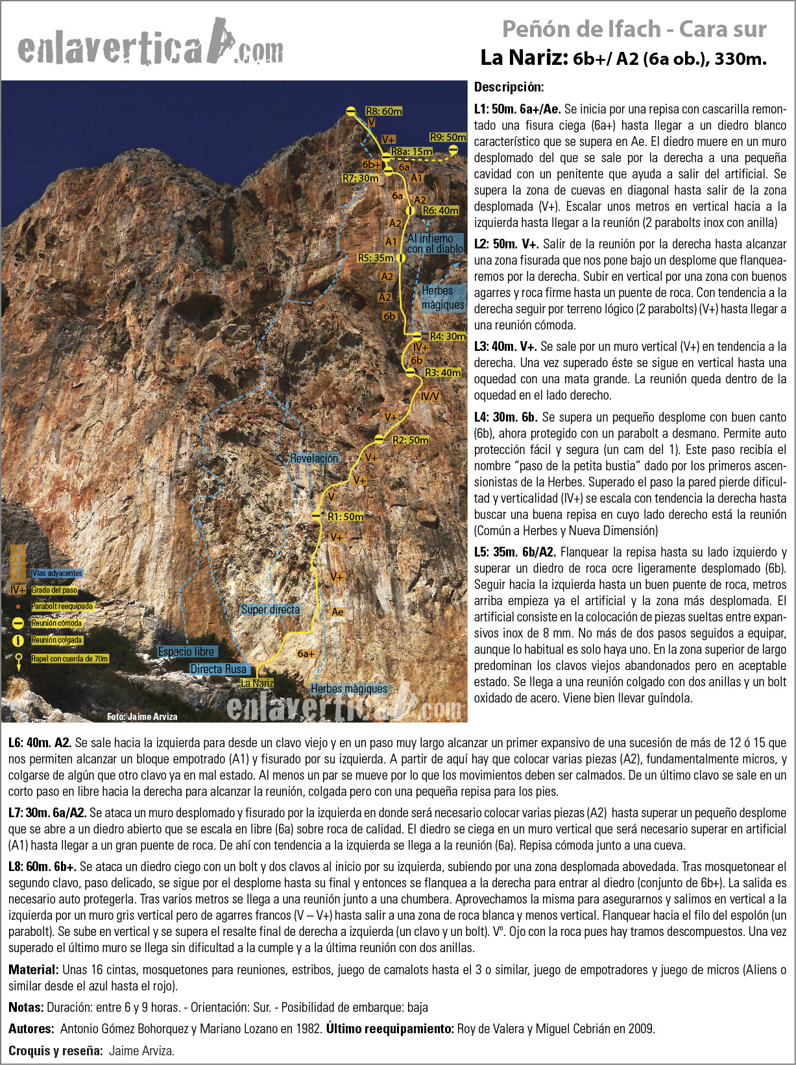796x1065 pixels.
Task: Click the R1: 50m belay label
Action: click(x=345, y=517)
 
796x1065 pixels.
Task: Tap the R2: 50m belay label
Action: click(x=410, y=440)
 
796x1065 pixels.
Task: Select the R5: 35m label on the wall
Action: click(x=376, y=257)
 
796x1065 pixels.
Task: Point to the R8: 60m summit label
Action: click(x=383, y=111)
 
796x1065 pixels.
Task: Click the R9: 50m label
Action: click(x=448, y=138)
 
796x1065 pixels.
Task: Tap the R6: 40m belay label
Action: click(x=440, y=211)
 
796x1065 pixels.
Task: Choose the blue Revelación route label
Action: click(x=314, y=459)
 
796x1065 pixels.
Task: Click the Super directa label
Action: click(x=271, y=610)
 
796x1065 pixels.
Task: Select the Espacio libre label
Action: click(x=186, y=652)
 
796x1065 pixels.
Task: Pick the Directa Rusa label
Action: click(x=218, y=669)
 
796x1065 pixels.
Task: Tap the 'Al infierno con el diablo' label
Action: click(x=435, y=244)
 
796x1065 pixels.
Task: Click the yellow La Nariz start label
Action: click(x=257, y=683)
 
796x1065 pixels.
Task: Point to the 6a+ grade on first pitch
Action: click(x=305, y=653)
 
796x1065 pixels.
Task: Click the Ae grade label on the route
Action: click(x=337, y=612)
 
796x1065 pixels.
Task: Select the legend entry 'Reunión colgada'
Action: click(x=57, y=640)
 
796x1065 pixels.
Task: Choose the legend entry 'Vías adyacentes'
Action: click(x=57, y=573)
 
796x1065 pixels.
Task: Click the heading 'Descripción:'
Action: click(x=509, y=87)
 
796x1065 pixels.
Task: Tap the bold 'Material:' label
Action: click(x=34, y=970)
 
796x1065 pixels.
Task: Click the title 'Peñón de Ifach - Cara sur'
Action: click(x=634, y=29)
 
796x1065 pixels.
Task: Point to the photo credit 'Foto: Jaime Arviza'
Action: click(x=142, y=717)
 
